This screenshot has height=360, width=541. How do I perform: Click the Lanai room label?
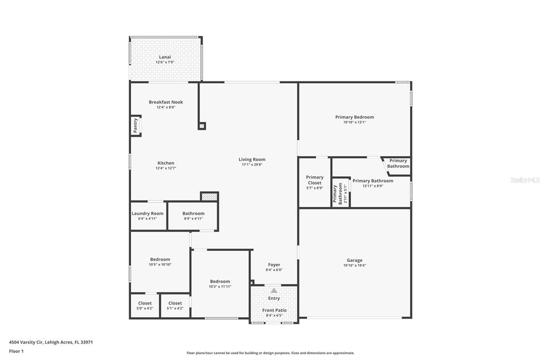click(x=165, y=57)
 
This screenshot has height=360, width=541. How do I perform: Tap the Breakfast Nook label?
click(x=166, y=102)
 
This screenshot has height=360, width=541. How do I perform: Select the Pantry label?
click(x=135, y=126)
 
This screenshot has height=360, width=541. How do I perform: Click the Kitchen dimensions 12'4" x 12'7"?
click(x=166, y=168)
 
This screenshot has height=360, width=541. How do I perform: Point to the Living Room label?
click(x=252, y=159)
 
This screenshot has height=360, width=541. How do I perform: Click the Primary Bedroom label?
click(x=355, y=117)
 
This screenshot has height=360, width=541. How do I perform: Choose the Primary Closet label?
click(x=315, y=180)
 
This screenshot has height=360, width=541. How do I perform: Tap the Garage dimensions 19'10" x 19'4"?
click(x=355, y=266)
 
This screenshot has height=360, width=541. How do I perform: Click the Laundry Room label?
click(x=147, y=213)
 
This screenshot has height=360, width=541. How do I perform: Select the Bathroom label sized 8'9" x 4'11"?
click(x=193, y=213)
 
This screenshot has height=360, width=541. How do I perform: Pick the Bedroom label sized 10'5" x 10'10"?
click(x=160, y=259)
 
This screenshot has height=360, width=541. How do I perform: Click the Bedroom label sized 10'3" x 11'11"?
click(x=220, y=281)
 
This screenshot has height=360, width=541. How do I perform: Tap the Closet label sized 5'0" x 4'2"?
click(x=145, y=303)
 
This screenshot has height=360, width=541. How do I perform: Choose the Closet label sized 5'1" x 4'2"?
click(x=175, y=303)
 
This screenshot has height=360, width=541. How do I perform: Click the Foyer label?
click(x=274, y=265)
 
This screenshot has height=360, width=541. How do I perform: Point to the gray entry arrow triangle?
click(x=274, y=291)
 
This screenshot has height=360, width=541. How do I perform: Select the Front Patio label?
click(x=274, y=310)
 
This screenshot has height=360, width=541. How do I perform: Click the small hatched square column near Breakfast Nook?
click(x=202, y=126)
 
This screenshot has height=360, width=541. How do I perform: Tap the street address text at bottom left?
click(x=51, y=343)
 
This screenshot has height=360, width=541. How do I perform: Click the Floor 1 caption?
click(x=16, y=352)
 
